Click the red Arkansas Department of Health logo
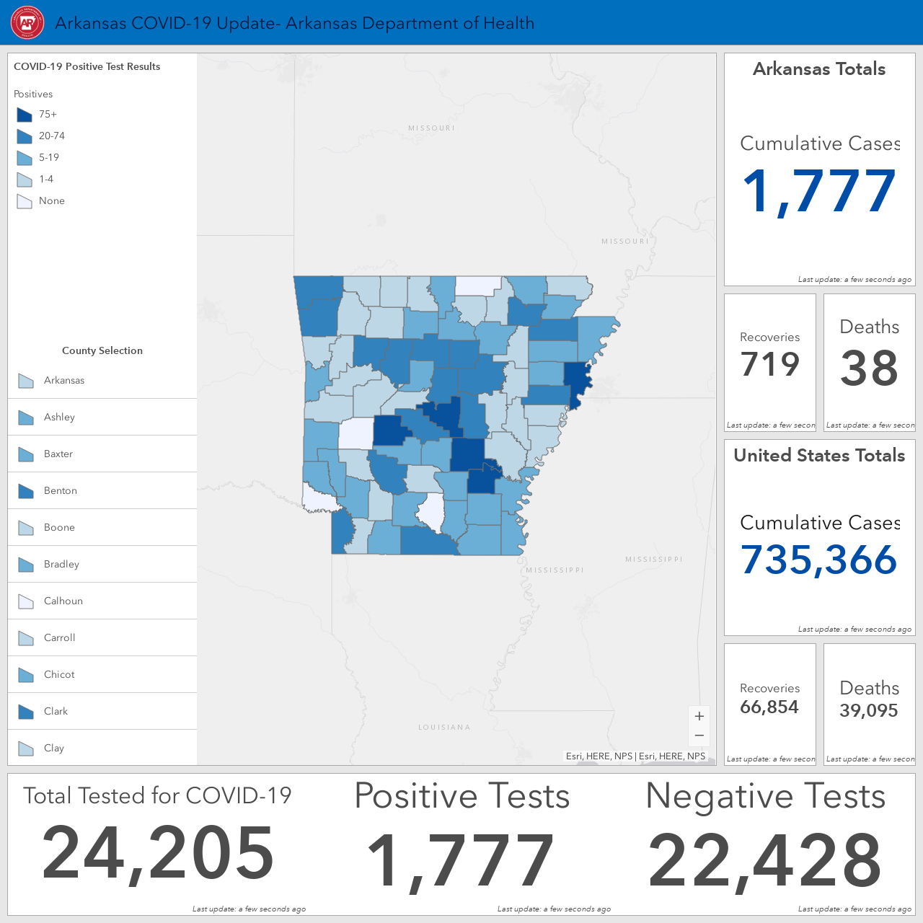click(27, 22)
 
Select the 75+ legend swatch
click(25, 115)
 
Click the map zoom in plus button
click(699, 716)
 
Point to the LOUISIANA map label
click(444, 727)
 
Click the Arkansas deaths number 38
click(869, 368)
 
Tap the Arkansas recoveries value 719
click(769, 364)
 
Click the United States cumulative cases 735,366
click(819, 560)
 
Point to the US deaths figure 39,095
click(869, 710)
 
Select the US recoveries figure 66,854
click(769, 707)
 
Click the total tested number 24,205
click(158, 853)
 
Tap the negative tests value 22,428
click(764, 860)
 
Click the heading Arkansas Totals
click(819, 69)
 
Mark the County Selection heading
click(102, 350)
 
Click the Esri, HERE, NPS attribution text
click(635, 756)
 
